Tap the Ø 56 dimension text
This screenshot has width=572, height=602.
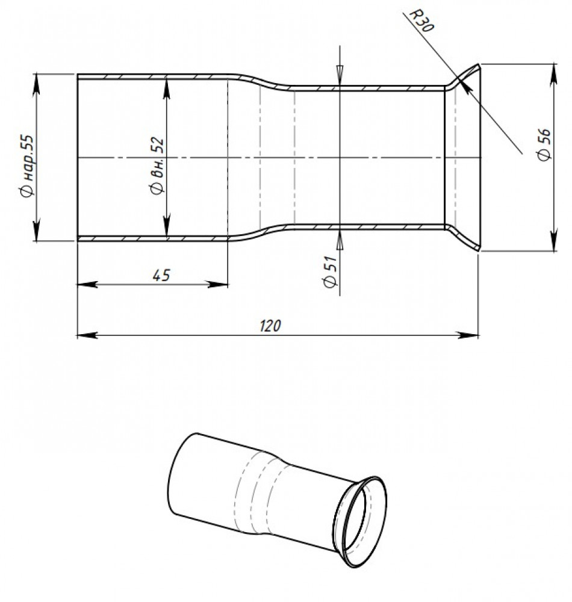coord(544,144)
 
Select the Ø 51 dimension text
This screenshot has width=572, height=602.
coord(331,272)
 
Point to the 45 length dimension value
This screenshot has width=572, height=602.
coord(161,275)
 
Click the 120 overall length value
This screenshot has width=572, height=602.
coord(270,326)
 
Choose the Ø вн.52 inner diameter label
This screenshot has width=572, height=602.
coord(157,166)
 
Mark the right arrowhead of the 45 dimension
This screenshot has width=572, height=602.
coord(218,285)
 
